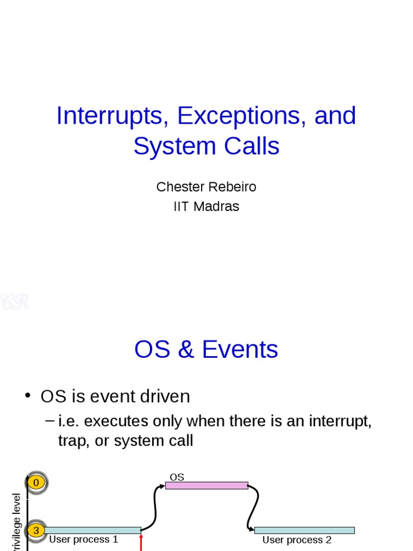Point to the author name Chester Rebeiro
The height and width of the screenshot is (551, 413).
206,187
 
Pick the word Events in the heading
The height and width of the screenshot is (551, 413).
240,350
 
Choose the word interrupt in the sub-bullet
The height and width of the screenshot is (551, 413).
340,421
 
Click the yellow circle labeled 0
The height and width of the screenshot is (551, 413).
36,483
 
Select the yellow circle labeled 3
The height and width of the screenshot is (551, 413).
36,531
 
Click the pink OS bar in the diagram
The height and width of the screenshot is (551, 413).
206,485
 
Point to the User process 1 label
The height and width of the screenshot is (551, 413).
83,540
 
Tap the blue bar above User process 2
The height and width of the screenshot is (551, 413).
304,530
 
